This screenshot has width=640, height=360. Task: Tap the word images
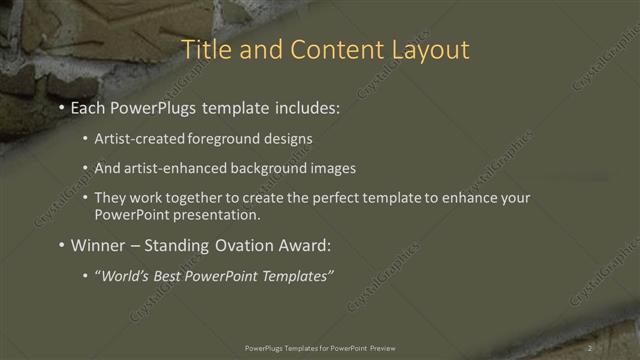330,168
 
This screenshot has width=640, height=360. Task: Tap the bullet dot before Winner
61,246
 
